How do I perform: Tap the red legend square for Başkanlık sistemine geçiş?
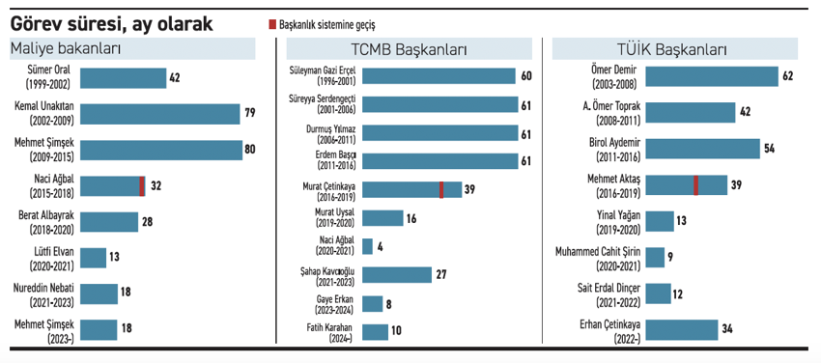[x=271, y=23]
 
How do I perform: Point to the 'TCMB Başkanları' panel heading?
[x=410, y=50]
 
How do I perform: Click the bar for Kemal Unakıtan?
[x=159, y=114]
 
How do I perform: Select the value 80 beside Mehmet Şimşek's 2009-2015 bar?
[x=251, y=150]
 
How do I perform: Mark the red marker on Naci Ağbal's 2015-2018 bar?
[x=142, y=185]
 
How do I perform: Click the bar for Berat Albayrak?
[x=108, y=222]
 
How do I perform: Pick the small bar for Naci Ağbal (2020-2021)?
[x=367, y=246]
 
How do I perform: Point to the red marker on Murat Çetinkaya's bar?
[x=441, y=189]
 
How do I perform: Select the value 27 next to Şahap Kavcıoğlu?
[x=440, y=274]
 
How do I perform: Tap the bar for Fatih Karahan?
[x=375, y=331]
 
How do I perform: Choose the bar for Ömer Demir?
[x=712, y=76]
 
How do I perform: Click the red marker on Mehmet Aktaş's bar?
[x=695, y=184]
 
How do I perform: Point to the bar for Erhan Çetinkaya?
[x=681, y=329]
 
